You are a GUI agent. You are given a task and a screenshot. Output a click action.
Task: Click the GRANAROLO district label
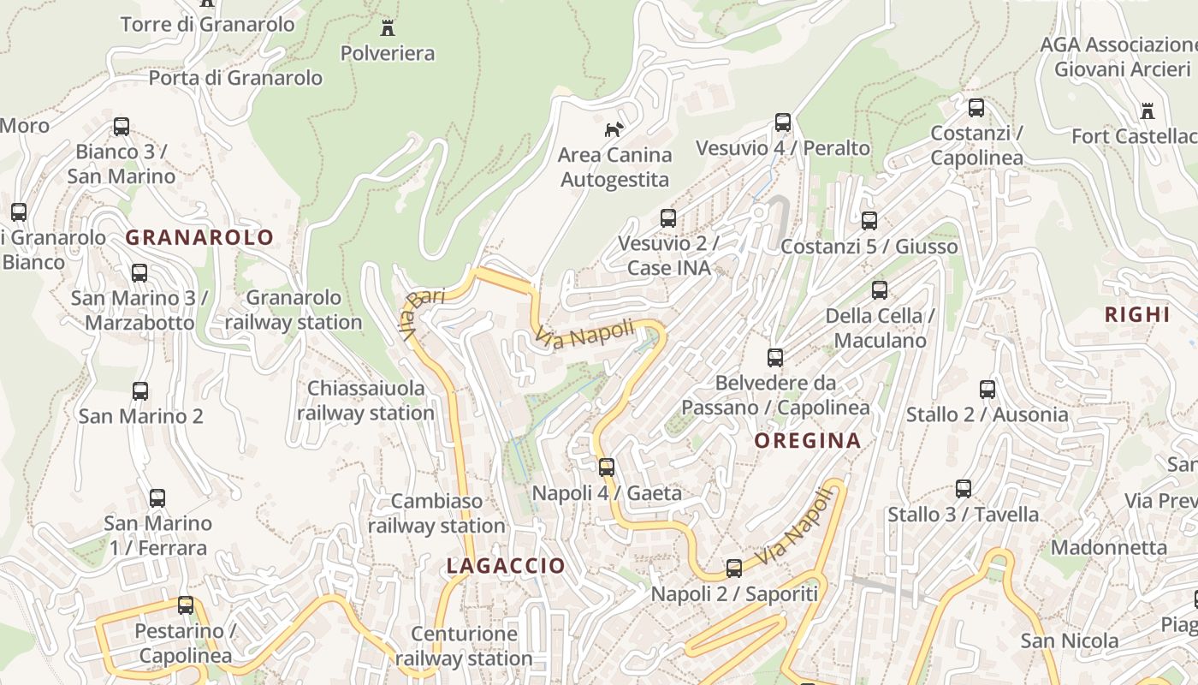(200, 237)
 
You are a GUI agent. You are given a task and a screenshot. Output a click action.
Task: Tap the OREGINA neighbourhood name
(807, 441)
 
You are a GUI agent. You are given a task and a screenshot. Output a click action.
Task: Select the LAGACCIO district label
(506, 566)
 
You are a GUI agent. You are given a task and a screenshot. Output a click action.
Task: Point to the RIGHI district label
(1137, 314)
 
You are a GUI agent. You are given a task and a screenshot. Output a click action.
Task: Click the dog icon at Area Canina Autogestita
(614, 129)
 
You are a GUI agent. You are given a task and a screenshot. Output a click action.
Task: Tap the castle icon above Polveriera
(388, 28)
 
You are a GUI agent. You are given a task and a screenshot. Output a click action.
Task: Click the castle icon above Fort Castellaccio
(1147, 111)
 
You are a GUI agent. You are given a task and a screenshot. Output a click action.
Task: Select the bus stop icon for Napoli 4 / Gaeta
(607, 468)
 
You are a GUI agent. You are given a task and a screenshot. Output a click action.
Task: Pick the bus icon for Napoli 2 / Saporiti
(734, 569)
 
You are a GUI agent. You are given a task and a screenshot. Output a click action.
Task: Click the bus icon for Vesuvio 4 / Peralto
(783, 122)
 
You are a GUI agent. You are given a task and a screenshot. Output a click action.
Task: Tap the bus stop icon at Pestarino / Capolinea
(186, 605)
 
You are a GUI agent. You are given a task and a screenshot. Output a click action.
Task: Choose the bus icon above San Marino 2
(140, 391)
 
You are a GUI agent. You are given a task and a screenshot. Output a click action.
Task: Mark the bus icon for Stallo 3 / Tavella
(964, 489)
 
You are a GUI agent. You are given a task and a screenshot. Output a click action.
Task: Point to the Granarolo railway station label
(294, 310)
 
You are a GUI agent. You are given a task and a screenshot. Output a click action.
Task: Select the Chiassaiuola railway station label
(365, 401)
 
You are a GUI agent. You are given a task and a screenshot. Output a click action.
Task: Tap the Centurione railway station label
(464, 646)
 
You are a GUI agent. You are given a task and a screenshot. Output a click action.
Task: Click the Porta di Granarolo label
(235, 78)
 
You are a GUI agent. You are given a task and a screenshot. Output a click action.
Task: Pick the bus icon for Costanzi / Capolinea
(976, 108)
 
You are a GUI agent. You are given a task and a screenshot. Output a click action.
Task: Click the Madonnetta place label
(1109, 547)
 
